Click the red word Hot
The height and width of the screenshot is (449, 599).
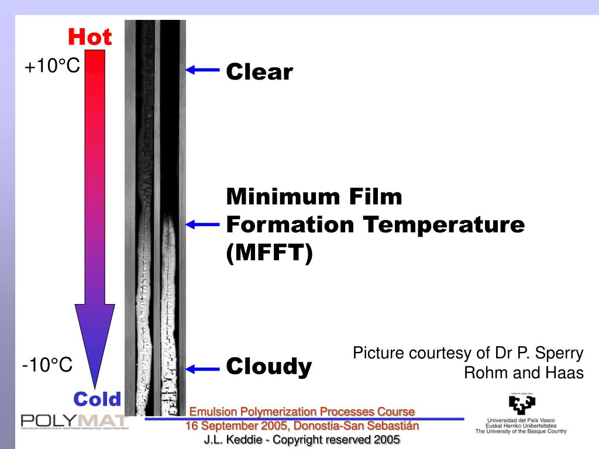(89, 37)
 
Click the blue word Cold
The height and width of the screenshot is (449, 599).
(97, 399)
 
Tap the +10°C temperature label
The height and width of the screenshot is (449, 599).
(51, 67)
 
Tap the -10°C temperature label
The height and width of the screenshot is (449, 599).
(47, 366)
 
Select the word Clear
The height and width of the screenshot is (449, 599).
(259, 72)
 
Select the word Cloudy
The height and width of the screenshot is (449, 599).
(269, 367)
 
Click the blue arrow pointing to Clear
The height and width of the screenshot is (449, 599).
(202, 70)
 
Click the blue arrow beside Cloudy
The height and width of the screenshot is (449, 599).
(202, 368)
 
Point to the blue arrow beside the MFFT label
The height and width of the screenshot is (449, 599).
(202, 224)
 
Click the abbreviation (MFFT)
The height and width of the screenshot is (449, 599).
(270, 254)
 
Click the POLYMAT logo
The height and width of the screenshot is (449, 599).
(74, 421)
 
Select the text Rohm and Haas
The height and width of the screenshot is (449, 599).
(524, 372)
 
